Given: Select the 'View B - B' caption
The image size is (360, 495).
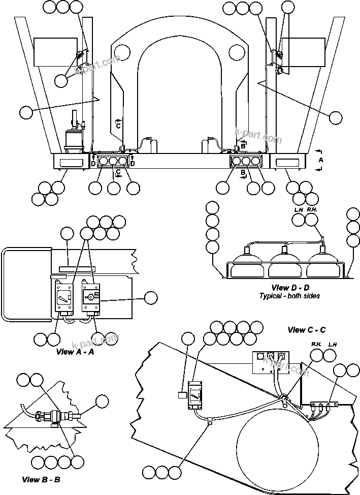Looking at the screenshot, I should click(x=41, y=479).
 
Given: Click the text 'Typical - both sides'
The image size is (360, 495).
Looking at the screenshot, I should click(x=289, y=296).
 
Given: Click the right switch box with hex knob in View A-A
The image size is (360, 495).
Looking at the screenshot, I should click(x=92, y=297).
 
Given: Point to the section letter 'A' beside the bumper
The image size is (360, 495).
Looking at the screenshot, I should click(x=320, y=159).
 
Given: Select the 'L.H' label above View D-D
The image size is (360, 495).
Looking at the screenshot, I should click(x=299, y=209).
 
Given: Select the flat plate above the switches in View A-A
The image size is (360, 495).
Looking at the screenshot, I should click(x=76, y=267).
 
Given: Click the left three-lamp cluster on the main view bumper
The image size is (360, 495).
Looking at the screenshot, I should click(x=112, y=161).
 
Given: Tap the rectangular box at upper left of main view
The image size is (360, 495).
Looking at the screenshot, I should click(x=54, y=52).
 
